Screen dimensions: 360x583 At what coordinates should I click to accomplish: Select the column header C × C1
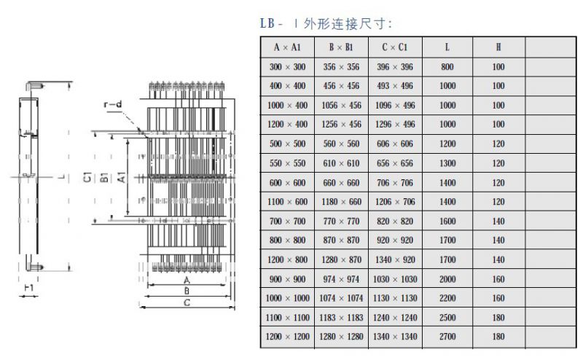click(394, 47)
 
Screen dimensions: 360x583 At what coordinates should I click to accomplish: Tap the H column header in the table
click(498, 47)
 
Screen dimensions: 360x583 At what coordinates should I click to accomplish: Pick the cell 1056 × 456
click(341, 106)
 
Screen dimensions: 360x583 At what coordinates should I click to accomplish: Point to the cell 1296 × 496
click(394, 125)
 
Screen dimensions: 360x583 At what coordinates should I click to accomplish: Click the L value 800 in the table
click(447, 67)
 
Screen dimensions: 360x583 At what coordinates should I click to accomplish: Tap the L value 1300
click(447, 163)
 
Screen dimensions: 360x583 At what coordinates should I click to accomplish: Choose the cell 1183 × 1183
click(341, 318)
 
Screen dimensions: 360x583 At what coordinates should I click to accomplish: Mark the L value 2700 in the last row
click(447, 337)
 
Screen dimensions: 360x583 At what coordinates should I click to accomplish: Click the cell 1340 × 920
click(394, 259)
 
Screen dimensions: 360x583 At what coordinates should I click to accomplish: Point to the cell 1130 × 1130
click(394, 298)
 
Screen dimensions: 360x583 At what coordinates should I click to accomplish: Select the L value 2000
click(447, 279)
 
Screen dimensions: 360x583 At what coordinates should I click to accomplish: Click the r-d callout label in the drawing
click(112, 106)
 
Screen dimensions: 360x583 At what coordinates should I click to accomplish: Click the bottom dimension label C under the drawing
click(187, 303)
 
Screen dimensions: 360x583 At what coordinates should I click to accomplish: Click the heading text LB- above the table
click(271, 23)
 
